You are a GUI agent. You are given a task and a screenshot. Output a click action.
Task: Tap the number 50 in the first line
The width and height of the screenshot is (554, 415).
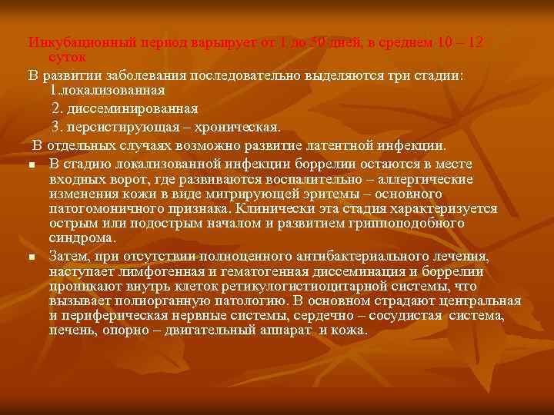pyautogui.click(x=317, y=42)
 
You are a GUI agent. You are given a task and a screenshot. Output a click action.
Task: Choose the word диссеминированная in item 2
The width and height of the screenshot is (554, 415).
pyautogui.click(x=132, y=108)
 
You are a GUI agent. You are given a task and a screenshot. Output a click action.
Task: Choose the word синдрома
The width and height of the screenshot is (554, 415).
pyautogui.click(x=82, y=238)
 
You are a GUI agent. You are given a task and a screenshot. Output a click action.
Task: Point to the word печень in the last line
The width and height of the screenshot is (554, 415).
pyautogui.click(x=70, y=331)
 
